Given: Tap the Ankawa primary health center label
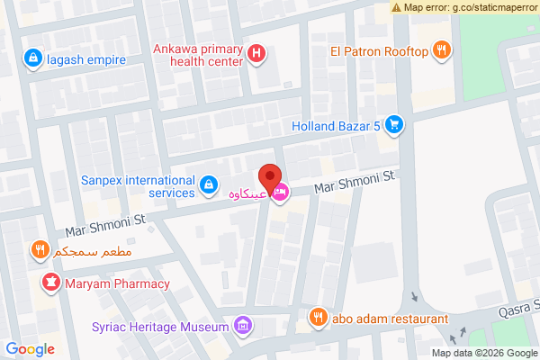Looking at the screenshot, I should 198,56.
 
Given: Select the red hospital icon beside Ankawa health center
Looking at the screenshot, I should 257,55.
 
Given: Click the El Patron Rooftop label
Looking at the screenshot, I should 379,51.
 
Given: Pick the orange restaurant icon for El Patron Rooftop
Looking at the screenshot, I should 441,51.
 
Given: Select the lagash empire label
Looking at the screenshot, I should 86,59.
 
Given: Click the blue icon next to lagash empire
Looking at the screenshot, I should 33,58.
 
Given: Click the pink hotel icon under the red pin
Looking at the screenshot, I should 281,191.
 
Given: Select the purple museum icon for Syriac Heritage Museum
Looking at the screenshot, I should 241,325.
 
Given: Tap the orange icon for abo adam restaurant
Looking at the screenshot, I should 318,317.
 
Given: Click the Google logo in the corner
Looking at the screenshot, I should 31,349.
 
